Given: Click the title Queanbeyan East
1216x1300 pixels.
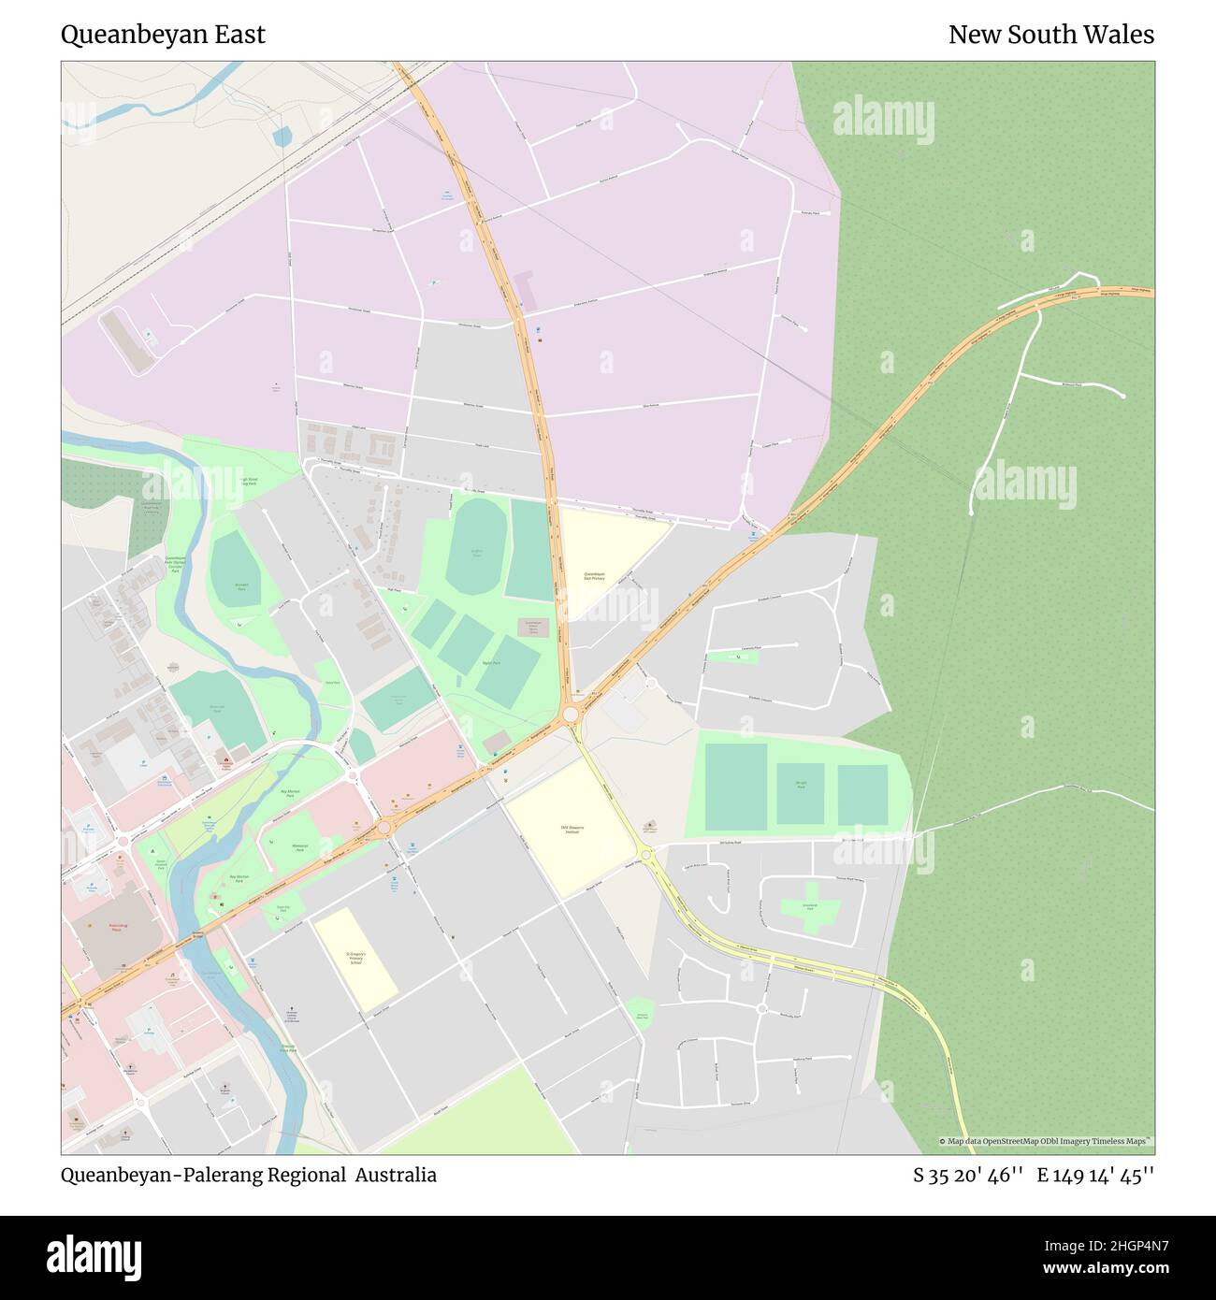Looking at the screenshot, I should pyautogui.click(x=163, y=35).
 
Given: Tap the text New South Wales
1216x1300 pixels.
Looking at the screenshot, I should pyautogui.click(x=1050, y=35).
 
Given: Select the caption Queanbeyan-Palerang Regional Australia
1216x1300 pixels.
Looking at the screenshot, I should pyautogui.click(x=249, y=1175).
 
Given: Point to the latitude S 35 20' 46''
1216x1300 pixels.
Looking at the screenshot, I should pyautogui.click(x=968, y=1175).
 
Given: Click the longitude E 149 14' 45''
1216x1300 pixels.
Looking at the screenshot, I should pyautogui.click(x=1095, y=1175).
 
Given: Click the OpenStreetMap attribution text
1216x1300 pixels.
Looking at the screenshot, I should pyautogui.click(x=1046, y=1141).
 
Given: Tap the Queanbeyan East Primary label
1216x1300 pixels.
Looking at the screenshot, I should pyautogui.click(x=594, y=576).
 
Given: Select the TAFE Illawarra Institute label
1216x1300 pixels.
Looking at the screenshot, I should pyautogui.click(x=572, y=829).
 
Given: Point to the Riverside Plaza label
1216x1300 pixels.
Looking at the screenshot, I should pyautogui.click(x=117, y=928).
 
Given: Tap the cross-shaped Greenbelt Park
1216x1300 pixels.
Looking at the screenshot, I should pyautogui.click(x=811, y=906).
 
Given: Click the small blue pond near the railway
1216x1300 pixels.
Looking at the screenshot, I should pyautogui.click(x=282, y=138).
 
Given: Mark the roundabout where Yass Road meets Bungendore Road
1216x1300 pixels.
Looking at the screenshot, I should pyautogui.click(x=570, y=715).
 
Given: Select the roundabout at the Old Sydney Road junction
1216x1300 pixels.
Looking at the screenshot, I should pyautogui.click(x=645, y=852).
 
